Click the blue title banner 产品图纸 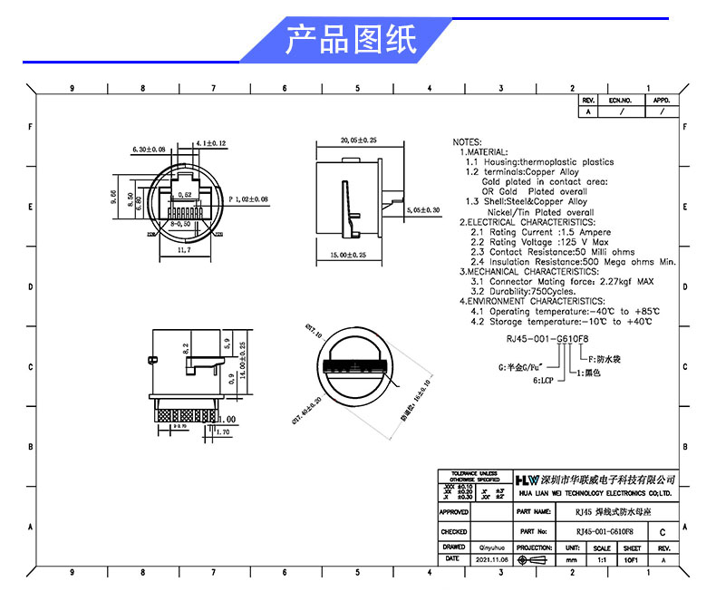coord(351,40)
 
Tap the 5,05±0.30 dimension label coord(421,209)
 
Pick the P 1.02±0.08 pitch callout coord(248,198)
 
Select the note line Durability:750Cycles coord(523,291)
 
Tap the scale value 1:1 coord(601,560)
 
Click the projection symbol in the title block coord(533,560)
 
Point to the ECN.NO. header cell coord(619,100)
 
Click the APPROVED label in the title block coord(453,512)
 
